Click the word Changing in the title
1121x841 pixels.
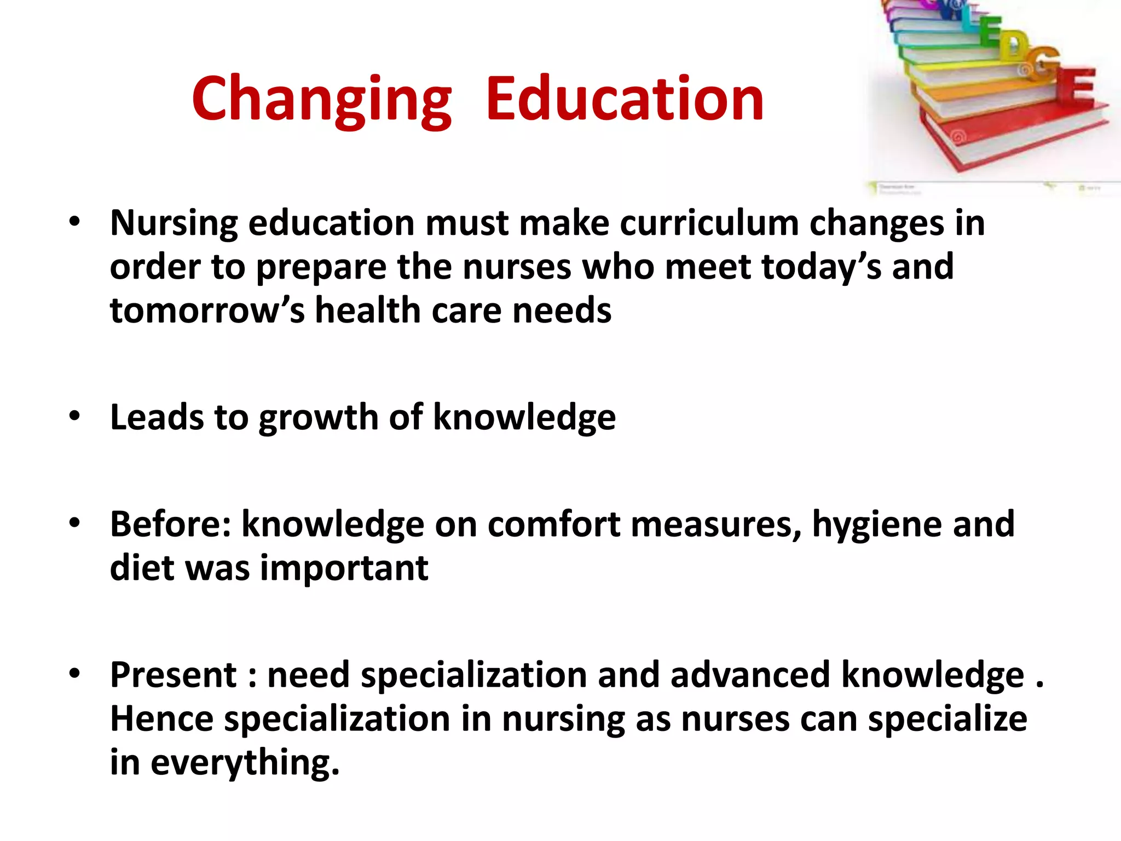[x=322, y=100]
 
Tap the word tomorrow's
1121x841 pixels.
[x=207, y=310]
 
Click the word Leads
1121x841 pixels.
[x=157, y=417]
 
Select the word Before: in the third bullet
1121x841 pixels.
[x=170, y=524]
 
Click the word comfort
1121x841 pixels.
[x=553, y=524]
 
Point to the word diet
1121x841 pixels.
[x=142, y=568]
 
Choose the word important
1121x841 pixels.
[x=344, y=569]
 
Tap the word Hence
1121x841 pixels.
[x=161, y=718]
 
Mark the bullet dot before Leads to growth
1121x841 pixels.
[x=75, y=417]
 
